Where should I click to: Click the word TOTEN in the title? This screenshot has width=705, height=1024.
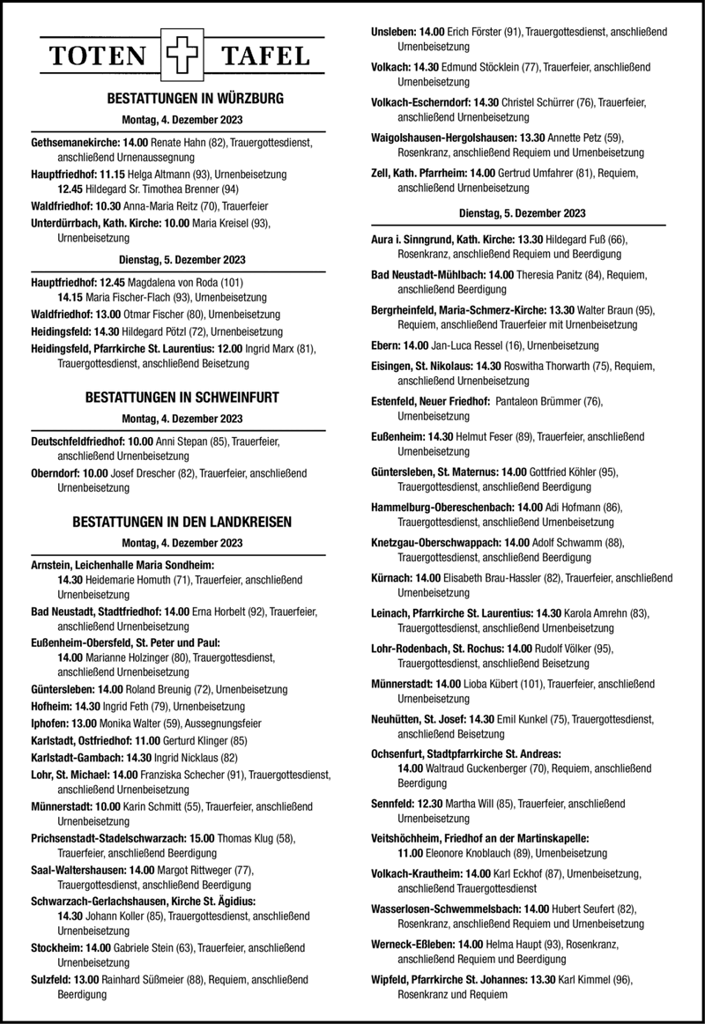(x=98, y=58)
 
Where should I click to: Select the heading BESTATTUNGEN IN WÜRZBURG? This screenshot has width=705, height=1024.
(x=182, y=99)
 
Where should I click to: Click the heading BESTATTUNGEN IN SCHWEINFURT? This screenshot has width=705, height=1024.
(x=182, y=398)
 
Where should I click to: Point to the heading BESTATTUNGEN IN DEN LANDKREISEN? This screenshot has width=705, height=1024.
(x=182, y=522)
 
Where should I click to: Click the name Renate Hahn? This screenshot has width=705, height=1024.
(x=178, y=141)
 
